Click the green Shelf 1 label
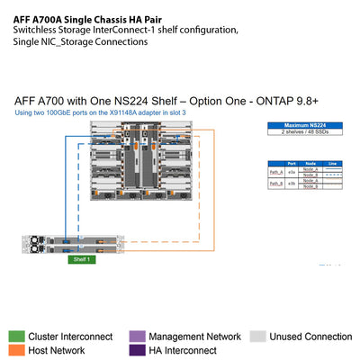[82, 260]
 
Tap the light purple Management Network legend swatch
[137, 336]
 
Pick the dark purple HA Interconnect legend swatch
[137, 350]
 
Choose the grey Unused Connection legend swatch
[257, 336]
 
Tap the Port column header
[292, 163]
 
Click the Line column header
[332, 163]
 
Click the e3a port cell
[292, 170]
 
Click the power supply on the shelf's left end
[36, 242]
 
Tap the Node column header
[311, 163]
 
